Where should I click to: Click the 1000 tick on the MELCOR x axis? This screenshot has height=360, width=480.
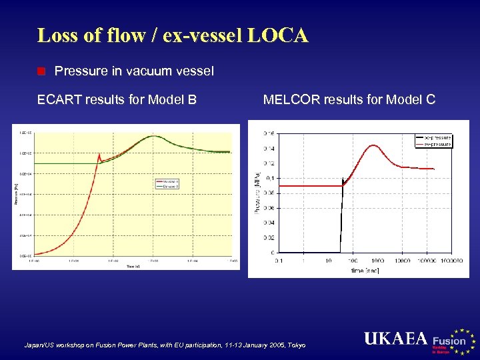pos(377,260)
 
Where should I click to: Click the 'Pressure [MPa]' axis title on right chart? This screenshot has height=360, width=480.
pos(256,193)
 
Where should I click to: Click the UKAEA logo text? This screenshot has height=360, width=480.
pos(395,339)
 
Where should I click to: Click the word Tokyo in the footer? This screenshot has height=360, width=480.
pos(295,345)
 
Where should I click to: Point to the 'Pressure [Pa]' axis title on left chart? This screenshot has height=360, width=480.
pos(16,193)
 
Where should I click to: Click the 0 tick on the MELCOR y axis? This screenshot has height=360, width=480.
pos(272,253)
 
